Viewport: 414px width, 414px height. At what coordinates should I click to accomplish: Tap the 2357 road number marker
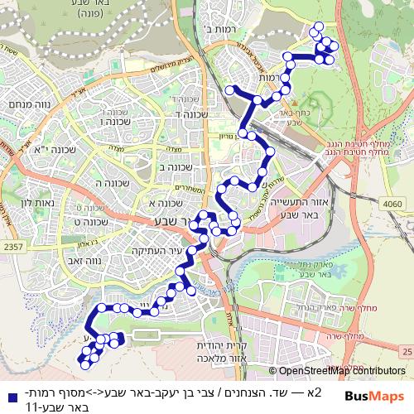(x=12, y=246)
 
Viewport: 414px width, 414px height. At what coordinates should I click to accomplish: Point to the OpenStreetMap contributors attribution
(x=341, y=372)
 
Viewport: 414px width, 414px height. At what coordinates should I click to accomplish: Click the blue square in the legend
(x=9, y=393)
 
